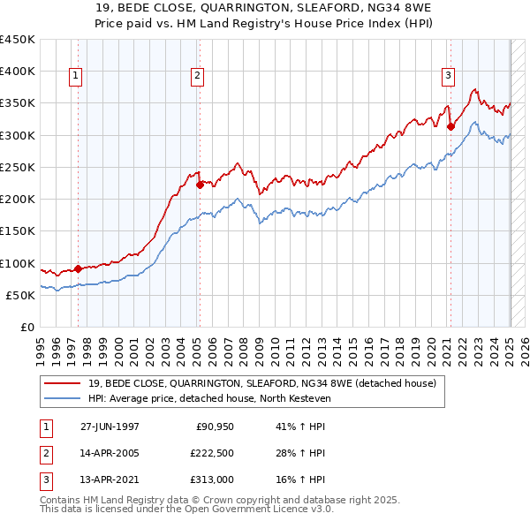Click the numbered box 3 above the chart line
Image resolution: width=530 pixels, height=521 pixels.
point(448,76)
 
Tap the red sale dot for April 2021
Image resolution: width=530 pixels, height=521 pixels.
point(450,126)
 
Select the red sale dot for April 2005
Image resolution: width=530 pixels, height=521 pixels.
point(200,185)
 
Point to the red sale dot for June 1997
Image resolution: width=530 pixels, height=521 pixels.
point(78,268)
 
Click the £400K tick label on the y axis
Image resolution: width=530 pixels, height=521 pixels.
point(18,72)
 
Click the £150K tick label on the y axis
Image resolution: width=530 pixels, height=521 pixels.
point(18,231)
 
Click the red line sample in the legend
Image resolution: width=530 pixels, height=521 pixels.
point(61,383)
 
